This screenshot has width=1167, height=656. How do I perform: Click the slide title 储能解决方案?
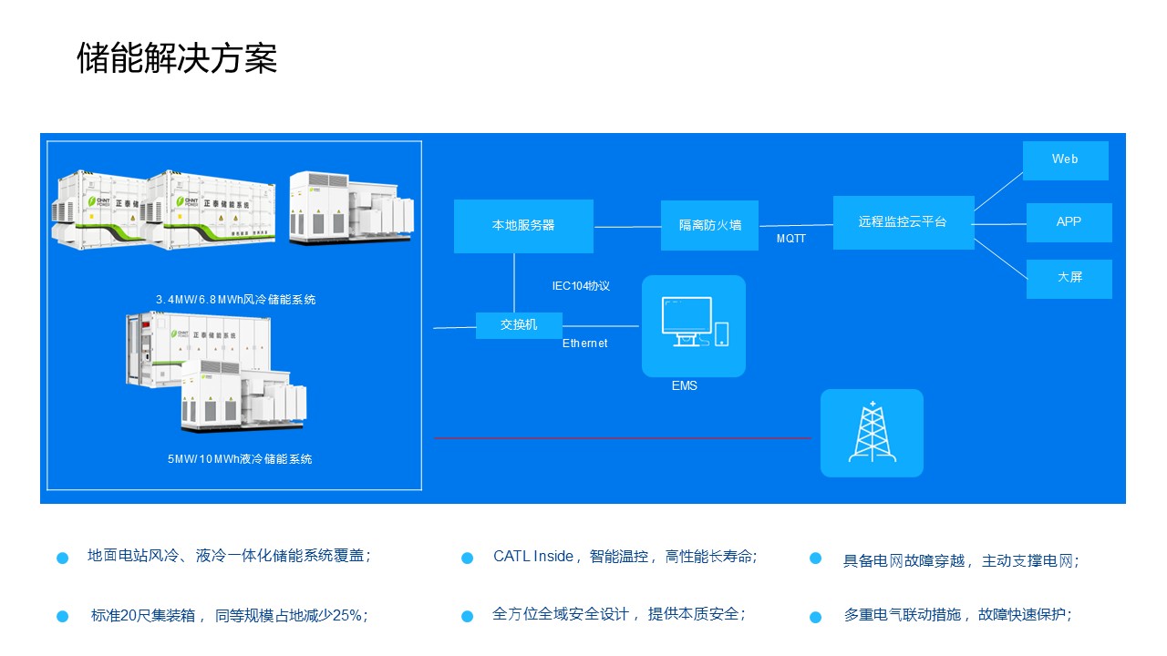click(177, 59)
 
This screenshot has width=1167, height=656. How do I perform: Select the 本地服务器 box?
click(523, 226)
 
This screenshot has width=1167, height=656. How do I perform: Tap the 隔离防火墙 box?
click(709, 225)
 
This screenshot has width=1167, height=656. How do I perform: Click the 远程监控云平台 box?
click(903, 222)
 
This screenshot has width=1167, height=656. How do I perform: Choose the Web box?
click(1065, 160)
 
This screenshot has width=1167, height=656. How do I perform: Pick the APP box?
click(1069, 222)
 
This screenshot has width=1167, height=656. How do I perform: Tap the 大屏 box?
click(1069, 278)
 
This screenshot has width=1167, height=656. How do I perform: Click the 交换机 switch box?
click(519, 325)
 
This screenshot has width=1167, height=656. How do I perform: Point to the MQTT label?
click(790, 240)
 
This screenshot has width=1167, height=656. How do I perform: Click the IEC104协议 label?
click(581, 286)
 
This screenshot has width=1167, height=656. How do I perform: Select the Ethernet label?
click(584, 343)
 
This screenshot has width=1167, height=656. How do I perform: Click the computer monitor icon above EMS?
click(686, 322)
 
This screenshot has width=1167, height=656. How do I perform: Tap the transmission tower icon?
click(872, 433)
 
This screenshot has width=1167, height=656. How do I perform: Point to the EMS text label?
click(684, 386)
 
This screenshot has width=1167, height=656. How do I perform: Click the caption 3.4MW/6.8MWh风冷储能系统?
click(235, 300)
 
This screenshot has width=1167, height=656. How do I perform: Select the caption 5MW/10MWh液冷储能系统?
click(240, 459)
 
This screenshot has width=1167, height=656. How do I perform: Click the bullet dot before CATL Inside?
click(467, 558)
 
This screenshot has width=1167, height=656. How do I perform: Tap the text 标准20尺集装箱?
click(150, 615)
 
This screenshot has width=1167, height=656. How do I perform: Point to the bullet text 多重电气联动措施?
click(903, 615)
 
